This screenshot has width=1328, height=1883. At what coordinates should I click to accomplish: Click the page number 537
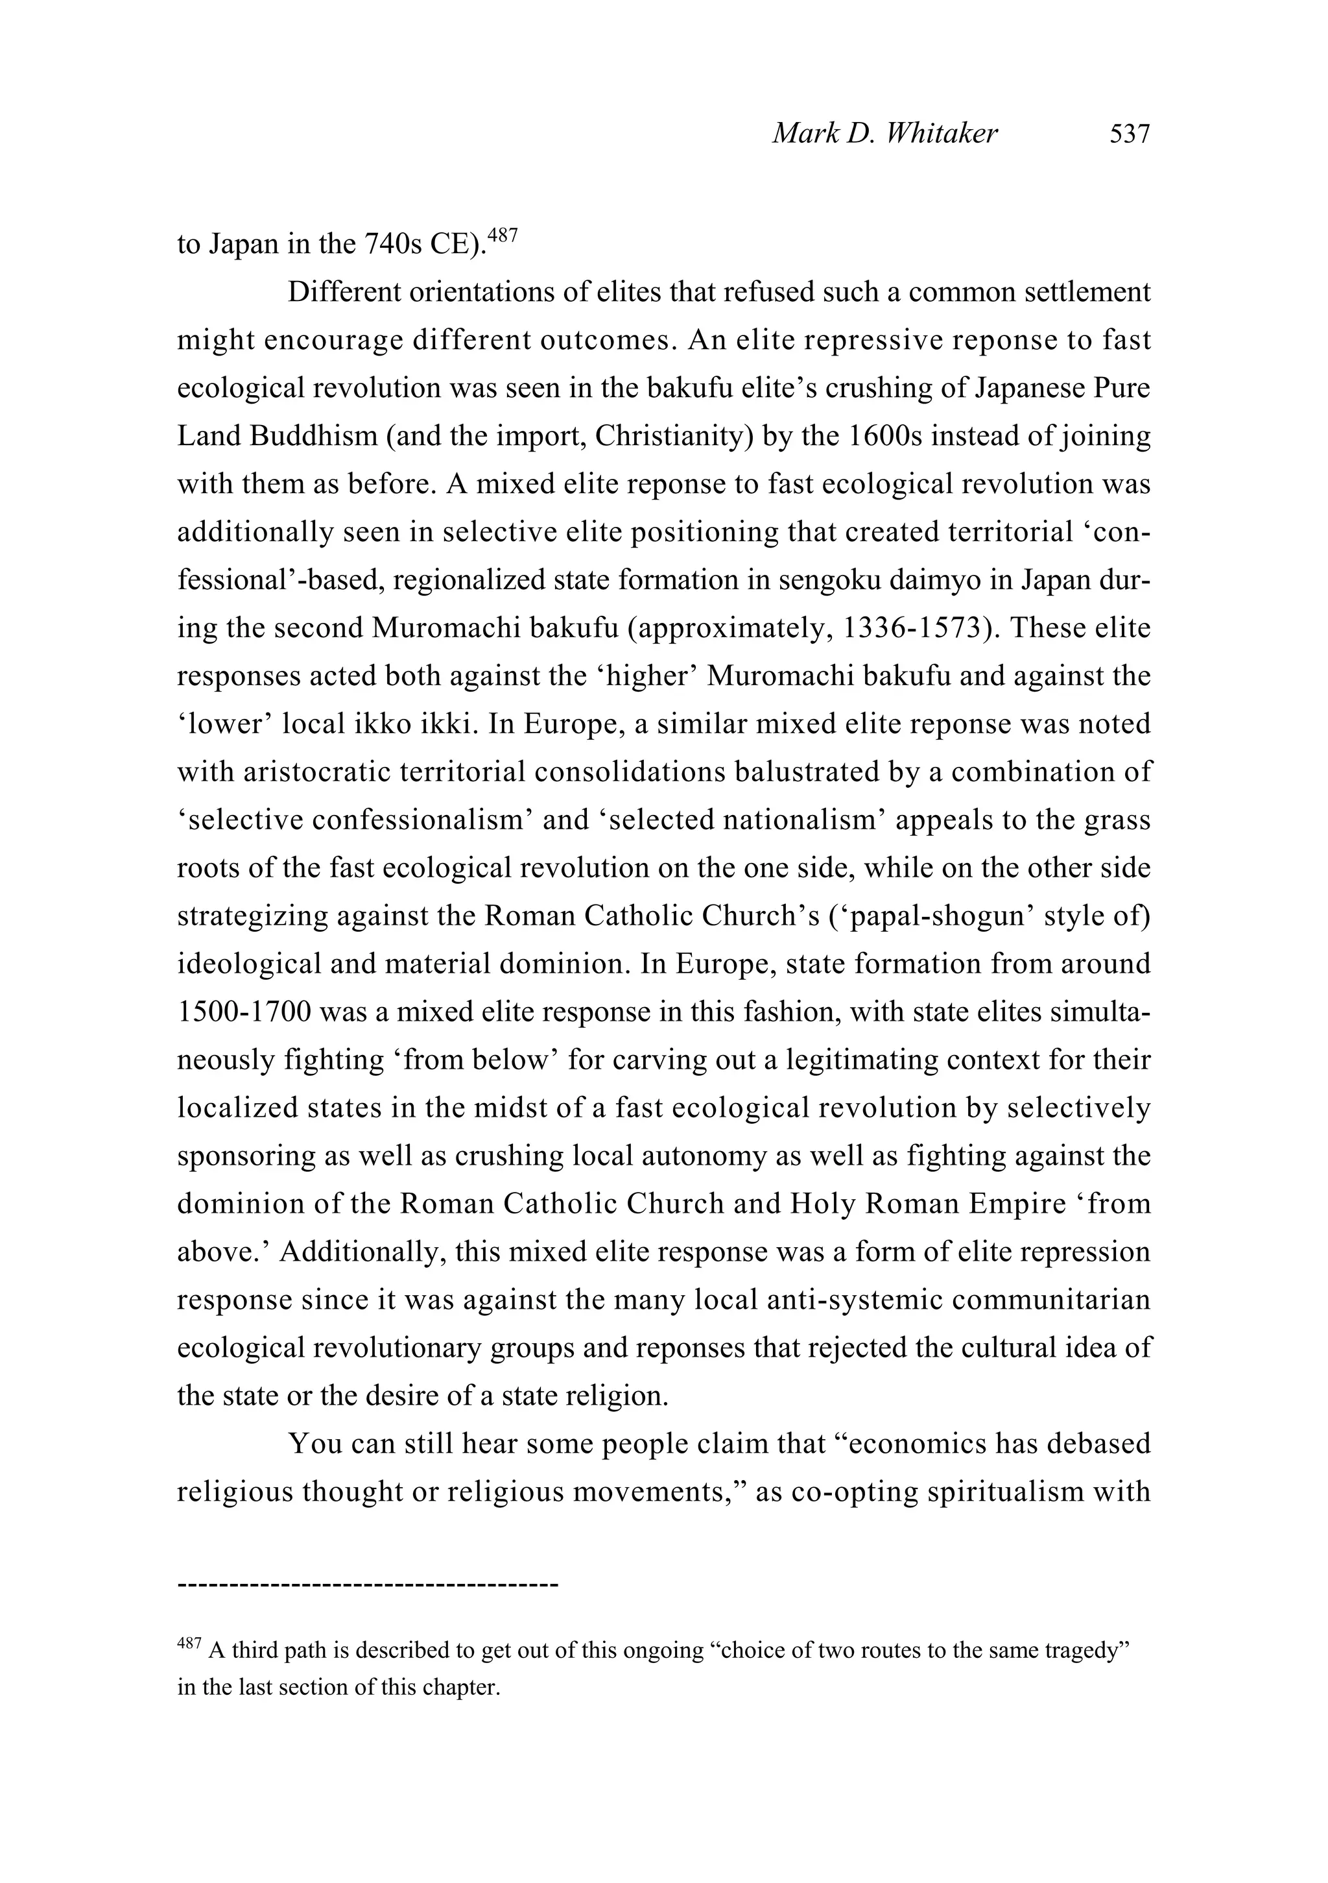tap(1130, 134)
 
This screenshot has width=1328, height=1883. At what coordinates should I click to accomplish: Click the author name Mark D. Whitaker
tap(884, 134)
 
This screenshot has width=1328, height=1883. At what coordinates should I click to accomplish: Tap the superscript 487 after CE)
tap(503, 236)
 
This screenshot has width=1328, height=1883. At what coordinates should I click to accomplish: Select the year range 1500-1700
tap(244, 1012)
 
